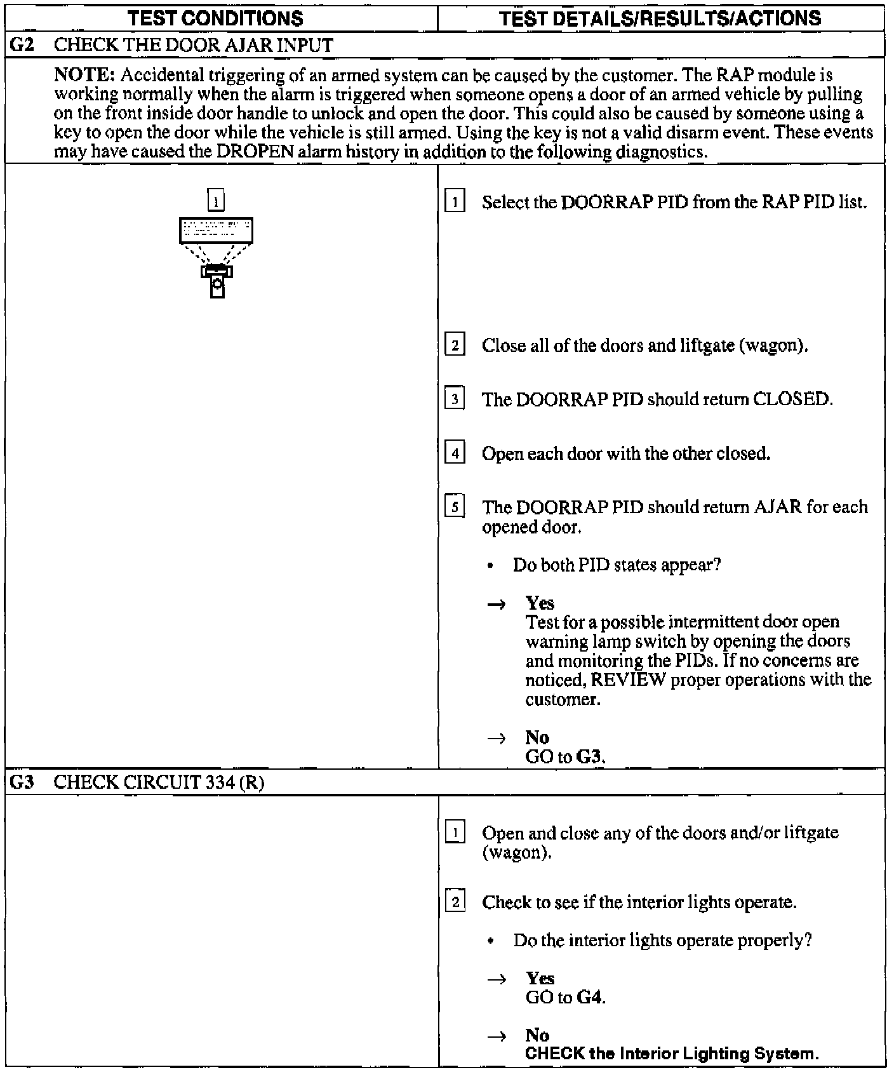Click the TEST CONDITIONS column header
coord(215,18)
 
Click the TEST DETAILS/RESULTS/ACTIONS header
coord(660,18)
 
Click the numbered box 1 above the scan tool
coord(217,201)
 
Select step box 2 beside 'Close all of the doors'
coord(455,345)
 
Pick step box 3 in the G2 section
coord(455,399)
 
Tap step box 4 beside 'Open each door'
coord(455,453)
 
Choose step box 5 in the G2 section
coord(455,507)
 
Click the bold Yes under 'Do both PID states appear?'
coord(540,603)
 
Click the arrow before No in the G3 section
coord(497,1036)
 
